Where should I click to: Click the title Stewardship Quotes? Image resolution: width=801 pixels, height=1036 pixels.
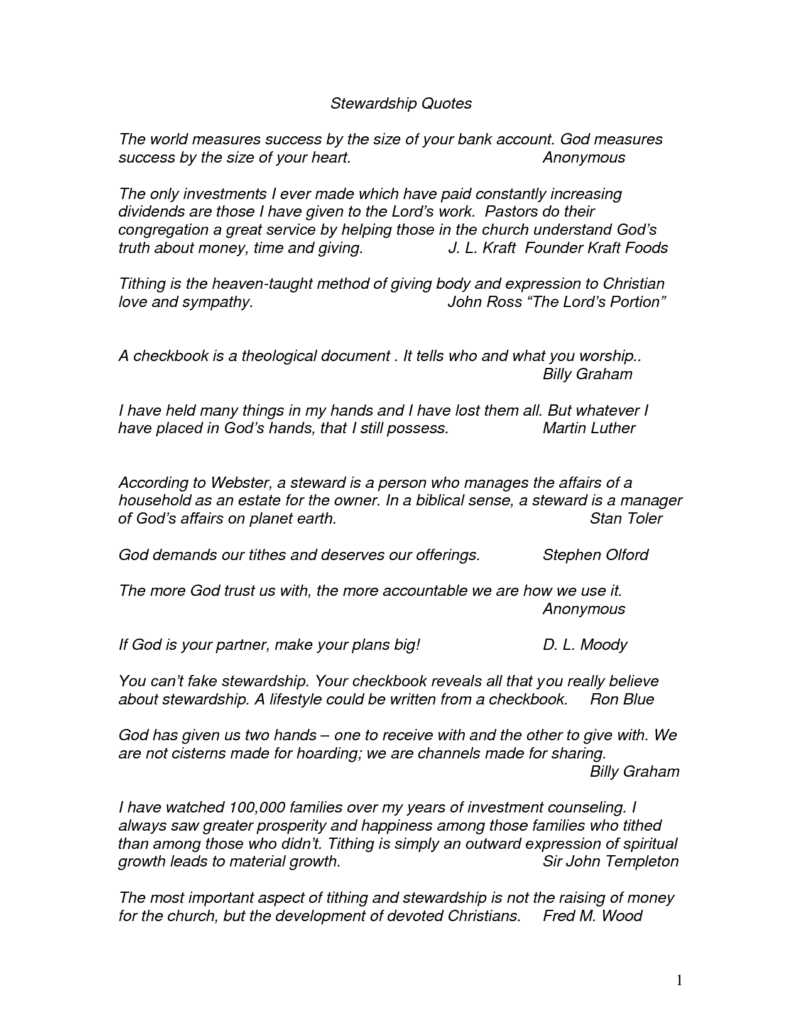pyautogui.click(x=401, y=104)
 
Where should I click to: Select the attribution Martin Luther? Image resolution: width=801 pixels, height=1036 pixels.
pyautogui.click(x=589, y=428)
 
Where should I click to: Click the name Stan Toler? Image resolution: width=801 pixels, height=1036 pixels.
pyautogui.click(x=626, y=519)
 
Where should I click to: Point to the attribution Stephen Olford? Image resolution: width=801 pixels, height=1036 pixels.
pyautogui.click(x=595, y=555)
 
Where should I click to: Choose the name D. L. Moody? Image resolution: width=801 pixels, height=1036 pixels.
pyautogui.click(x=584, y=645)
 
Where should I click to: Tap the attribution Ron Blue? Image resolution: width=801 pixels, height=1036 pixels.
pyautogui.click(x=621, y=699)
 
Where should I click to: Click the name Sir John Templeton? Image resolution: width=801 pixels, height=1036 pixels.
pyautogui.click(x=610, y=861)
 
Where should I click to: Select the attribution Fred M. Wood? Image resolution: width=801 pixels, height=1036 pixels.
pyautogui.click(x=592, y=916)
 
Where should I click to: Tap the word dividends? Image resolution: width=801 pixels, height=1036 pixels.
pyautogui.click(x=148, y=212)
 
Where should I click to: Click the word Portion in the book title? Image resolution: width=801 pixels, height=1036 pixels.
pyautogui.click(x=635, y=302)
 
